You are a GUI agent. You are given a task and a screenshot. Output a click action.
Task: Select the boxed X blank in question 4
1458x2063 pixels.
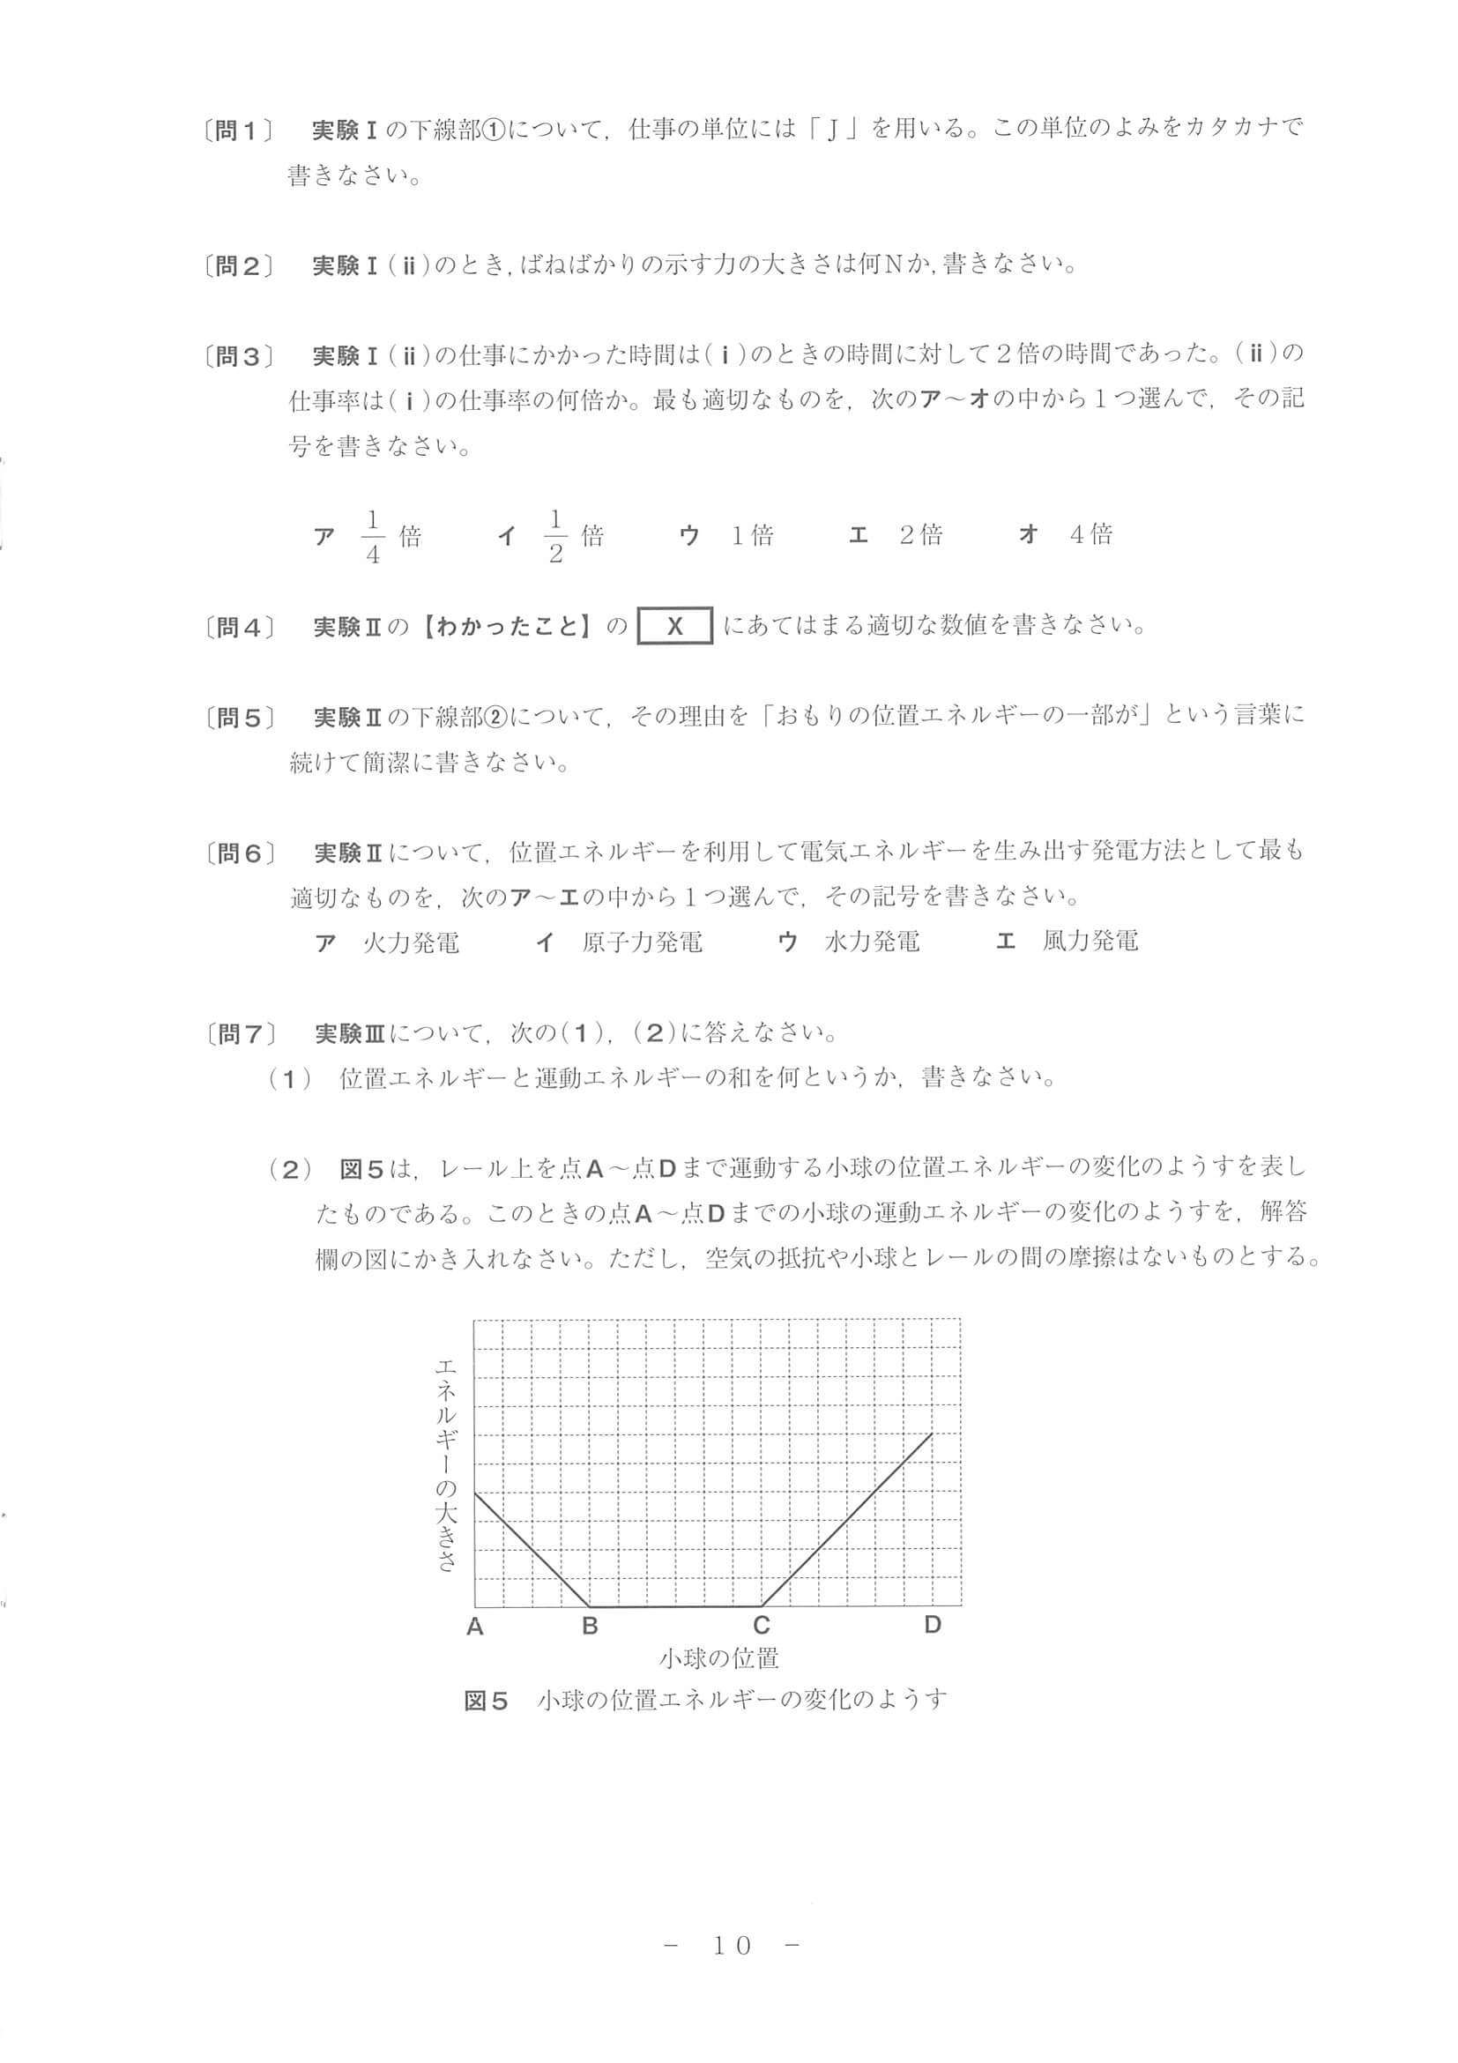pos(674,626)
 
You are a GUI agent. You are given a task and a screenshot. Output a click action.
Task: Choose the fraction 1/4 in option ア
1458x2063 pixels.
pos(373,536)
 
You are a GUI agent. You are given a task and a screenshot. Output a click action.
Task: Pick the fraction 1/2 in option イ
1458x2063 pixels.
pos(555,536)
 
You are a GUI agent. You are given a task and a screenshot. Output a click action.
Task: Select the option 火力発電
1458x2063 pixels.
pos(411,942)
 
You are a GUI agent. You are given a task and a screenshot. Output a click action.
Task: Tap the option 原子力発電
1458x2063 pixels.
pos(642,942)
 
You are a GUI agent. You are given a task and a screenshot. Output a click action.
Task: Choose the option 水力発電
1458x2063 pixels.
pos(872,942)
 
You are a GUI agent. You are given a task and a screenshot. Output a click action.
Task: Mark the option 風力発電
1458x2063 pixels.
pos(1090,942)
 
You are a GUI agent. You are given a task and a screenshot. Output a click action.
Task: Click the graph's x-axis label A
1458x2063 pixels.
pos(474,1627)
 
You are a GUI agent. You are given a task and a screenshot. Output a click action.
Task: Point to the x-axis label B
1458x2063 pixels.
pos(590,1626)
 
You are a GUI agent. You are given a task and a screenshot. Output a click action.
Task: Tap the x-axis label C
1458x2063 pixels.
pos(761,1626)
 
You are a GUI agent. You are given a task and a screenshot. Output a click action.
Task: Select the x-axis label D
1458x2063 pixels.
pos(933,1625)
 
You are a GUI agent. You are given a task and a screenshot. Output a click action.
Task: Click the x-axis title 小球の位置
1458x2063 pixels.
pos(718,1658)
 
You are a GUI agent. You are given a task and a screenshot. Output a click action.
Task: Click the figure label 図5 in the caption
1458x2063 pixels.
pos(486,1701)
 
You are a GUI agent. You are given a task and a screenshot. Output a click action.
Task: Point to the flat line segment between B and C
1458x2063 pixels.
pos(675,1605)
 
